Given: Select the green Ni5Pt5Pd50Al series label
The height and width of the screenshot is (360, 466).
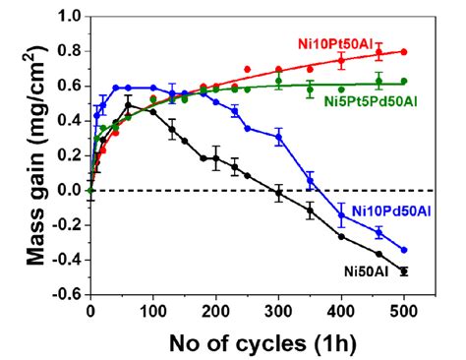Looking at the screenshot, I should pyautogui.click(x=379, y=101).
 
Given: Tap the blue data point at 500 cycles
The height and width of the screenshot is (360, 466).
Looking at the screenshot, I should pyautogui.click(x=404, y=250).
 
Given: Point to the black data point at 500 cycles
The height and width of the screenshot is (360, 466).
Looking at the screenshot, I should pyautogui.click(x=404, y=270).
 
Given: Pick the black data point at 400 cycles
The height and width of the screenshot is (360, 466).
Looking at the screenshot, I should pyautogui.click(x=341, y=236).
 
